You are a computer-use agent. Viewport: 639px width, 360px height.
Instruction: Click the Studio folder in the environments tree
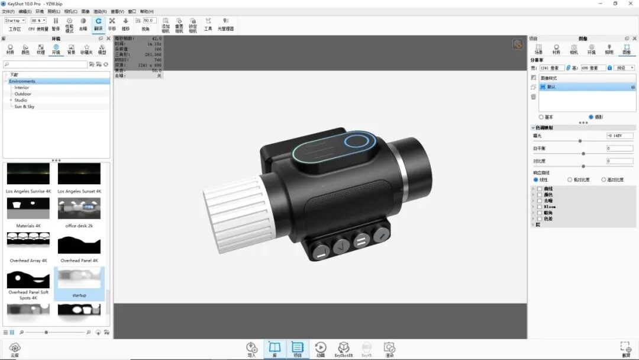click(21, 100)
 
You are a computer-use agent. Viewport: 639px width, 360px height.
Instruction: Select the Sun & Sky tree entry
click(24, 107)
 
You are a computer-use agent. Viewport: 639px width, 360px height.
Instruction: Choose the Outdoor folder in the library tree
click(22, 94)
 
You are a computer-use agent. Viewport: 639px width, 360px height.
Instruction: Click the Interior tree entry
click(21, 88)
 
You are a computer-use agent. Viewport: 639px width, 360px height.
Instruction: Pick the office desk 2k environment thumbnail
click(79, 208)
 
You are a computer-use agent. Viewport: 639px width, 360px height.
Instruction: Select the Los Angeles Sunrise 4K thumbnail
click(28, 174)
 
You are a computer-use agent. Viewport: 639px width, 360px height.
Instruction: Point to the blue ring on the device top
click(356, 142)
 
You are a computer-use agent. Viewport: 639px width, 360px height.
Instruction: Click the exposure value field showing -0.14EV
click(619, 136)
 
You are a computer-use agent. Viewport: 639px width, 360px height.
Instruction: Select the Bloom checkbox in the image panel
click(540, 207)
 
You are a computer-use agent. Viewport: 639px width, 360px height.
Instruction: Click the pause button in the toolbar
click(56, 21)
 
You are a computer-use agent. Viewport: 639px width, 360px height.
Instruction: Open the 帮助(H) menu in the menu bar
click(147, 11)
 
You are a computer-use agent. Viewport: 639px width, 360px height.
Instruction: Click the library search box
click(45, 65)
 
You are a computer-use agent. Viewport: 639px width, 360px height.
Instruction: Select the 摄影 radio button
click(591, 117)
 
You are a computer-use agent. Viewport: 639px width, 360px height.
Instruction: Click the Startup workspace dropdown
click(15, 20)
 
